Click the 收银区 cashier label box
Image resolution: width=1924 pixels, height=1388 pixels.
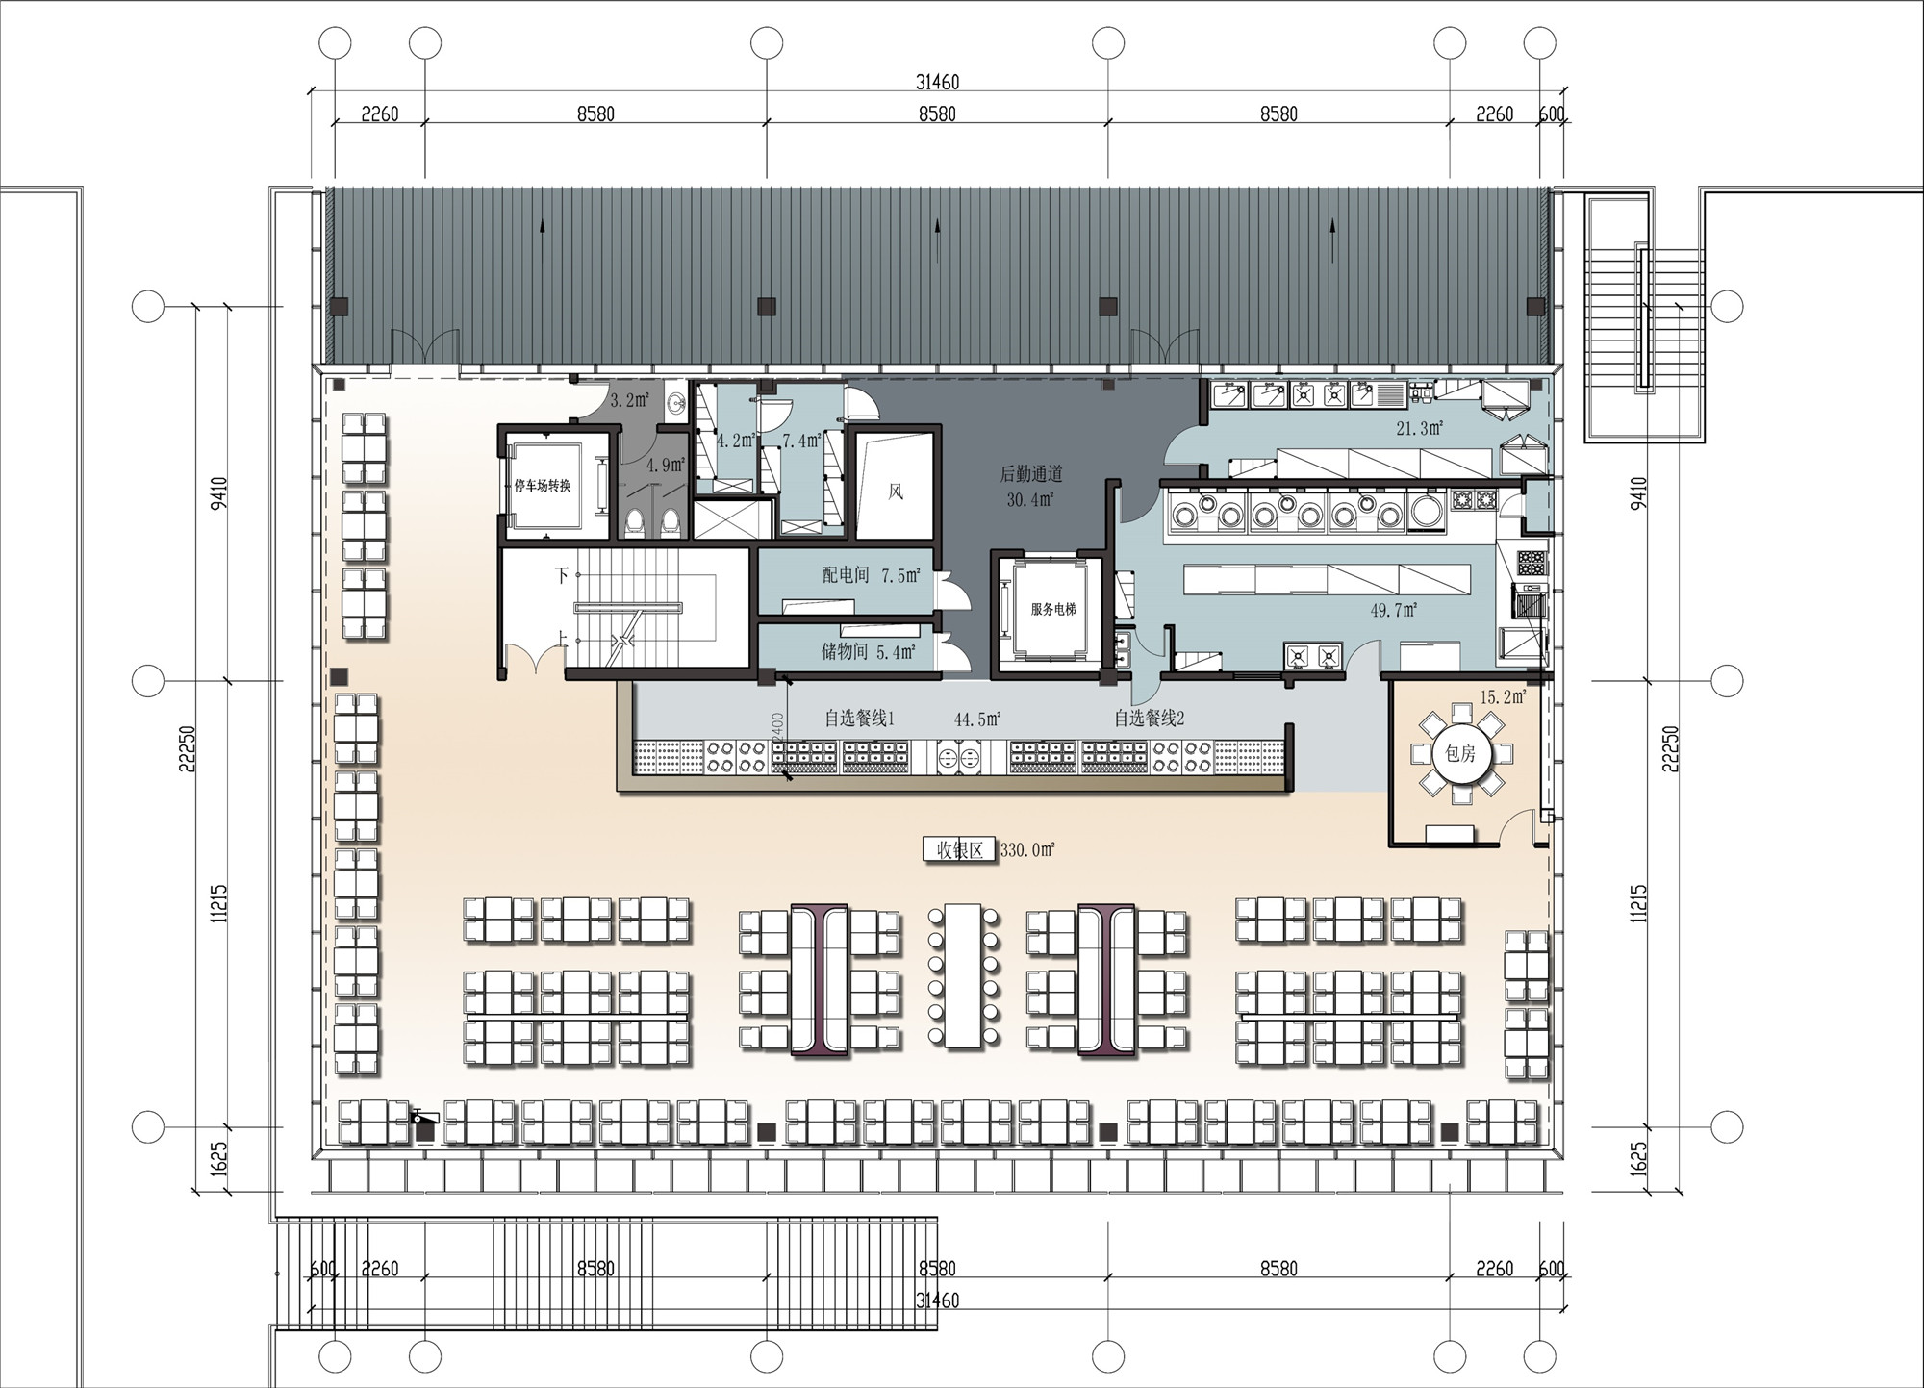(x=958, y=850)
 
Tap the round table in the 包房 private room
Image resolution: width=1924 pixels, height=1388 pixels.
(x=1460, y=753)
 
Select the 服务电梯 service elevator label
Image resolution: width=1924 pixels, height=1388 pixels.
(x=1053, y=609)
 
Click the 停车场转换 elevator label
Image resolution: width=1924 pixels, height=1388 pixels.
(x=543, y=486)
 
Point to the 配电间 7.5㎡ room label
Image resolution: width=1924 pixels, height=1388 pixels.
(x=872, y=575)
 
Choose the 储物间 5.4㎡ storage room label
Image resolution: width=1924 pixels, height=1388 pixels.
(x=869, y=651)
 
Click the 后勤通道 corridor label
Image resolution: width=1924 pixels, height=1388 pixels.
(x=1031, y=473)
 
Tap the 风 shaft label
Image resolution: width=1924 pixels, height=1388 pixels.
(x=896, y=492)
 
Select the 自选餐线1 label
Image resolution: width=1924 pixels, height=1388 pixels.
(x=860, y=719)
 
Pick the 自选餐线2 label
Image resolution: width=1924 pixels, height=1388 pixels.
(x=1150, y=719)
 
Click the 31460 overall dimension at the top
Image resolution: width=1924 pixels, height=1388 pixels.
(x=937, y=82)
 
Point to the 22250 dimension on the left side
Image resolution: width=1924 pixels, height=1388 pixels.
(x=188, y=748)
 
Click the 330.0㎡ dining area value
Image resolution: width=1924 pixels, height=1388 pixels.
(x=1028, y=850)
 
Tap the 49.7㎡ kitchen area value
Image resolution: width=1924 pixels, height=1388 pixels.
(x=1394, y=610)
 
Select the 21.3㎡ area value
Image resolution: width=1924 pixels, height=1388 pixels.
(x=1420, y=428)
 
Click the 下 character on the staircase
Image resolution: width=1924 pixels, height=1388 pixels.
(x=562, y=575)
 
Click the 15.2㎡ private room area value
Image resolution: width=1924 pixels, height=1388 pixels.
(x=1503, y=696)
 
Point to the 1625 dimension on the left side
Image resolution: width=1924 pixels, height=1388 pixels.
(x=219, y=1159)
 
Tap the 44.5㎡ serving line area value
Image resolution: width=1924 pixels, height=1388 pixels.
(x=978, y=719)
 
